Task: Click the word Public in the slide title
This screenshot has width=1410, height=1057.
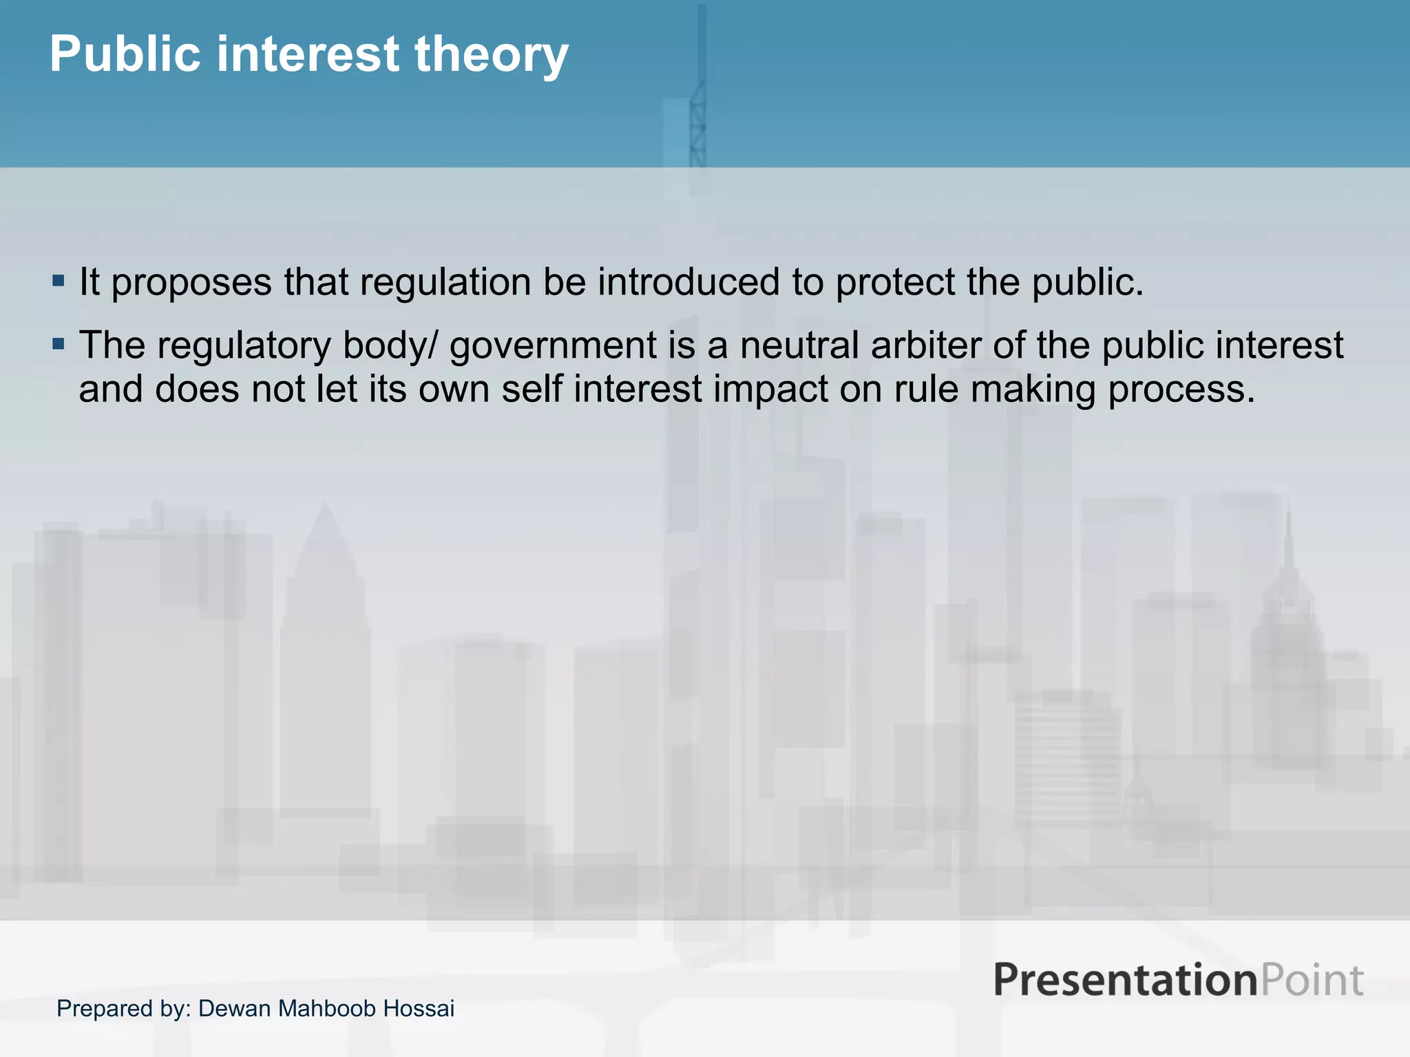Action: coord(125,55)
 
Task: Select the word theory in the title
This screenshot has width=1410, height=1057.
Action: coord(491,55)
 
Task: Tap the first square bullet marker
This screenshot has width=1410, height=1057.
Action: coord(59,281)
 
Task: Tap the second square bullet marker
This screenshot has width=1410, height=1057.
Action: coord(59,343)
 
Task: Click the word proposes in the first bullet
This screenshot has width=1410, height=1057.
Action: coord(191,283)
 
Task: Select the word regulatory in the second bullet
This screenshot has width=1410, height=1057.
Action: coord(244,345)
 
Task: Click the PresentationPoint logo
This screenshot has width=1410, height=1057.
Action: coord(1178,980)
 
